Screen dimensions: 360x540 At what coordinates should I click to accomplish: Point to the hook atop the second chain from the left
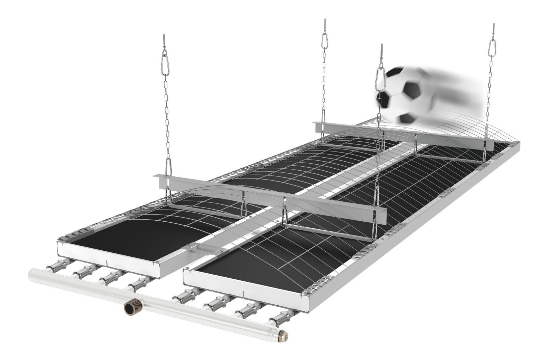pyautogui.click(x=324, y=24)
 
